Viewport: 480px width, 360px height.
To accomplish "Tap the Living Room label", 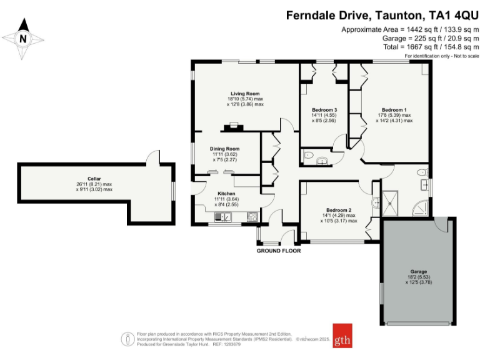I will coord(245,94).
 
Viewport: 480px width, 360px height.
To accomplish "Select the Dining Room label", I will coord(224,149).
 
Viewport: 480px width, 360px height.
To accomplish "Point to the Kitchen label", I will coord(226,194).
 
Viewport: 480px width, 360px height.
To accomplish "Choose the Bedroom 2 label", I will coord(338,210).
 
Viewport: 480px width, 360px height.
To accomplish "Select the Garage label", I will coord(418,271).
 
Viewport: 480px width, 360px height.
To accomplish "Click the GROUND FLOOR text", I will coord(279,251).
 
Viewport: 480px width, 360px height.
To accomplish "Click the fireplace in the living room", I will coord(236,127).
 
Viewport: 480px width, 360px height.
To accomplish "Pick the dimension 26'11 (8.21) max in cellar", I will coord(94,184).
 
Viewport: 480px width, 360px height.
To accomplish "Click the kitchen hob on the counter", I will coord(222,217).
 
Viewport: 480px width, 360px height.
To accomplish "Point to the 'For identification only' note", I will coord(440,56).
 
